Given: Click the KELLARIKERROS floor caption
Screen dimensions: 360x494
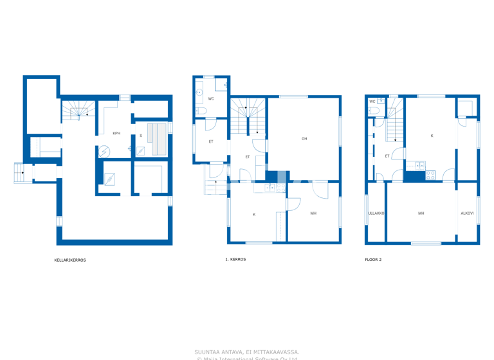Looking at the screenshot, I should [x=70, y=260].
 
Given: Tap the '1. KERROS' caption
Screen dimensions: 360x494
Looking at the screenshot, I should [x=235, y=260].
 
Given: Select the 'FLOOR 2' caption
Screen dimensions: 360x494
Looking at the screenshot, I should [x=373, y=260].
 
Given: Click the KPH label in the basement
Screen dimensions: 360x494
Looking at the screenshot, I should [x=116, y=133].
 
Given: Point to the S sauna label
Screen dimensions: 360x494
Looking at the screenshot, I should [x=141, y=136].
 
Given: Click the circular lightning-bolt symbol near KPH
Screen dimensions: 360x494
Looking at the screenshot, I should [x=104, y=152].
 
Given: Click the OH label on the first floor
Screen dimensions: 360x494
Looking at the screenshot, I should [x=304, y=139].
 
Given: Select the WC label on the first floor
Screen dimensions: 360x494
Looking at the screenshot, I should [x=211, y=99].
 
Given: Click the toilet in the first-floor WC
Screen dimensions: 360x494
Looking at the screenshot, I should [x=200, y=111].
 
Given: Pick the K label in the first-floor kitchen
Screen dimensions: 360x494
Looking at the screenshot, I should [x=254, y=215].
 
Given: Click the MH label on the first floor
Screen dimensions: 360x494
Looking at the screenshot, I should [x=313, y=213].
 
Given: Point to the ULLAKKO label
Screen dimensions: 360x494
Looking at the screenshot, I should [x=376, y=213].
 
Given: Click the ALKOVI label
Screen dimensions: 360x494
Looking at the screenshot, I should [x=467, y=213].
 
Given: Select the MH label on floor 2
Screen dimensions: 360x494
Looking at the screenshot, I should [x=421, y=213].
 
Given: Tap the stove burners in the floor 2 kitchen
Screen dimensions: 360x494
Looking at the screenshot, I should [x=430, y=174].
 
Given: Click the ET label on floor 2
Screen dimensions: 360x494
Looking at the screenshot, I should [x=387, y=156].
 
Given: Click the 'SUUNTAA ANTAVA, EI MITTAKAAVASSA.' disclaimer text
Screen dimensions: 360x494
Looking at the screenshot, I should [x=246, y=352].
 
